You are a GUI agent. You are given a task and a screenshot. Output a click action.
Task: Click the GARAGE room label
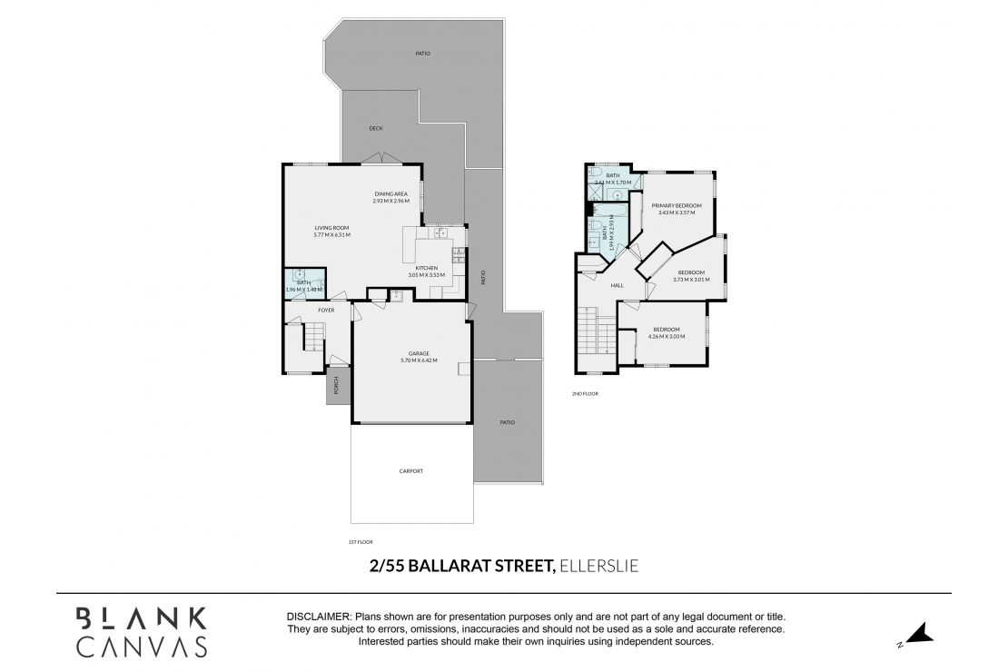click(x=419, y=353)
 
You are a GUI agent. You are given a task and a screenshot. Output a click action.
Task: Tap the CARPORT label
click(x=411, y=471)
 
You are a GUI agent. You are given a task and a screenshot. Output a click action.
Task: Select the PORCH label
click(x=336, y=386)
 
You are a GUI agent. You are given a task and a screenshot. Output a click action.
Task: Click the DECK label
click(x=375, y=128)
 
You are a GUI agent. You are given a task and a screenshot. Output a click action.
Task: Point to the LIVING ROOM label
click(x=331, y=228)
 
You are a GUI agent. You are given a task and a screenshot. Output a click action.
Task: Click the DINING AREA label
click(x=391, y=193)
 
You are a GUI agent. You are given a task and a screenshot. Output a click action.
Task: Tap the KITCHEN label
click(x=427, y=268)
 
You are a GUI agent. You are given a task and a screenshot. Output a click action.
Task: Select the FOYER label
click(x=325, y=311)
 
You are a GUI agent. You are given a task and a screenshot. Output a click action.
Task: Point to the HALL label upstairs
click(x=617, y=285)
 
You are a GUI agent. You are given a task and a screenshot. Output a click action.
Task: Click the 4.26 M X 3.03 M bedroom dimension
click(x=666, y=337)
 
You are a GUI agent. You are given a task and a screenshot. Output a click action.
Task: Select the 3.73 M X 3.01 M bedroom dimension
click(x=690, y=280)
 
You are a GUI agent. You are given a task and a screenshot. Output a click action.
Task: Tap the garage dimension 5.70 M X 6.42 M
click(x=419, y=361)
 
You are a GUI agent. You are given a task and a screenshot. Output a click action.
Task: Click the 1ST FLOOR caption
click(x=361, y=542)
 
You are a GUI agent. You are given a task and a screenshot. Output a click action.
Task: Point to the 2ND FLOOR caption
click(x=585, y=393)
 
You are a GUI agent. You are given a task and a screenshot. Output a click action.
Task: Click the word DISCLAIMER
click(x=318, y=616)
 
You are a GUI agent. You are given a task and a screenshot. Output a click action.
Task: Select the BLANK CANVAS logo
click(x=141, y=631)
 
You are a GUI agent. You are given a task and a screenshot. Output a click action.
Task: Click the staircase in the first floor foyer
click(x=311, y=341)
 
